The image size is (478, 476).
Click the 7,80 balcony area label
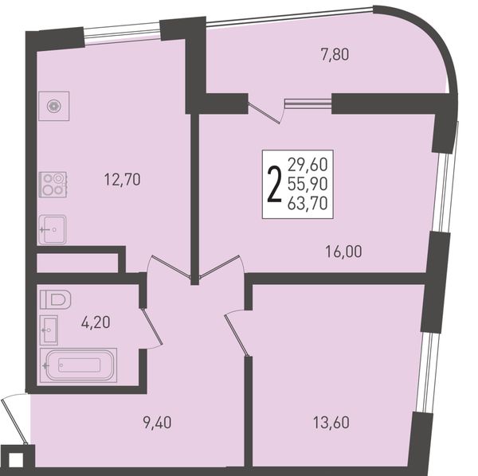[335, 55]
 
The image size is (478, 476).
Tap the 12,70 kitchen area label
[122, 179]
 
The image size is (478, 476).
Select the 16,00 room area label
[344, 252]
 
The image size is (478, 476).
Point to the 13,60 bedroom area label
[331, 423]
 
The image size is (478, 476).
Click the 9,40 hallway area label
[157, 423]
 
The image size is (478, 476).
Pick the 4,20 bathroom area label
[96, 322]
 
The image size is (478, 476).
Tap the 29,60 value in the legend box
[308, 165]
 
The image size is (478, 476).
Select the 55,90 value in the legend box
[308, 184]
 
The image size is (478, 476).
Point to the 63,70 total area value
[308, 203]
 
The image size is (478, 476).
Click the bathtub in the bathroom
[78, 365]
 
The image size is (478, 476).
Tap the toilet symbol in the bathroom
[55, 299]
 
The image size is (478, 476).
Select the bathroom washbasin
[49, 330]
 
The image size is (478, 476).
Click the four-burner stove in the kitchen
[53, 184]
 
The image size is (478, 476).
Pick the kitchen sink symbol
[52, 229]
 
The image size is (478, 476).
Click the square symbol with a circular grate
[54, 106]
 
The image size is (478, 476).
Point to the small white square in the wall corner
[16, 461]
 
